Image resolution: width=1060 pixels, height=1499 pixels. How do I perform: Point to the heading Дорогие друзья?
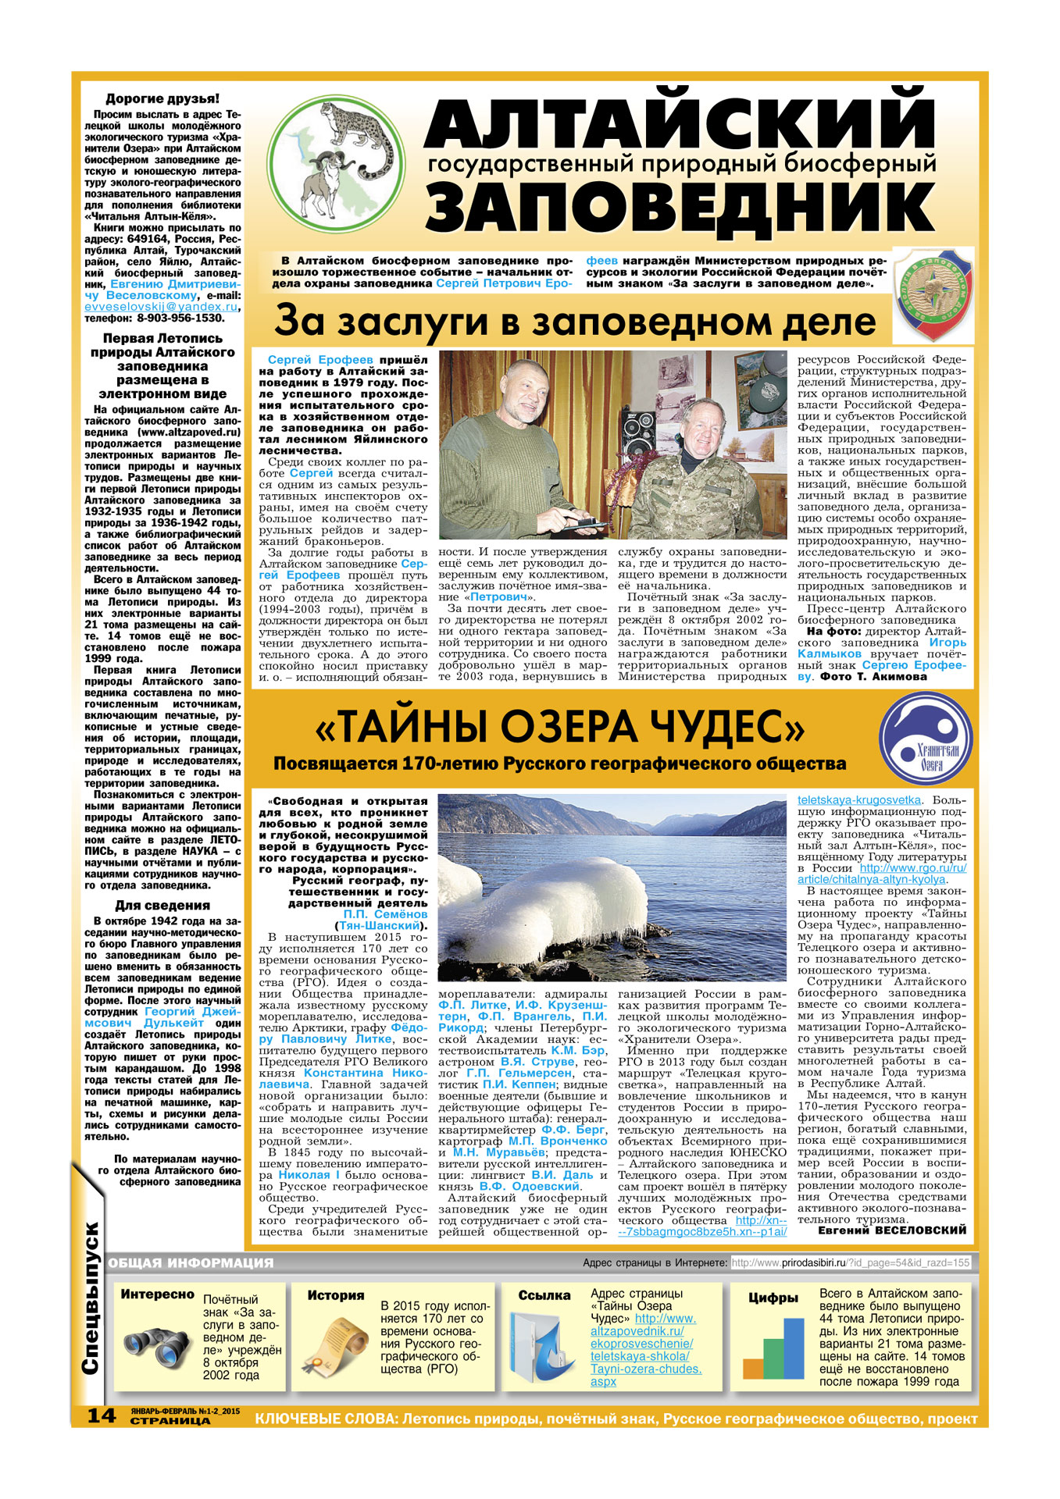tap(162, 99)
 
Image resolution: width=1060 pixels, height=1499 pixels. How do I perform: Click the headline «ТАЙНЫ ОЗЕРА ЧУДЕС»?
tap(559, 728)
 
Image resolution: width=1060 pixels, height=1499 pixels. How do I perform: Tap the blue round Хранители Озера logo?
tap(926, 740)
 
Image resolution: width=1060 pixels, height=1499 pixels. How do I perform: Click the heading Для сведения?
tap(162, 906)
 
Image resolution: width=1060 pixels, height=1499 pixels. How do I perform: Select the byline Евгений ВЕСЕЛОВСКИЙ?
tap(891, 1230)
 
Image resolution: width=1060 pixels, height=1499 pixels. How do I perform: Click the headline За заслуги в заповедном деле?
tap(575, 322)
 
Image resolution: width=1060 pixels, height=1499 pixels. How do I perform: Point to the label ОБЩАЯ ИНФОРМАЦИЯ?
tap(191, 1262)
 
